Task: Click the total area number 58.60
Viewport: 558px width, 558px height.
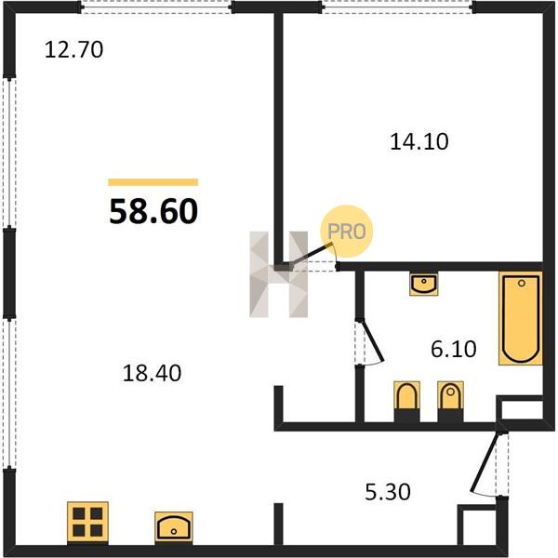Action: click(153, 211)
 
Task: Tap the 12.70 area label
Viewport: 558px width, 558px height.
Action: click(74, 49)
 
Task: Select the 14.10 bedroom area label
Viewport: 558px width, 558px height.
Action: click(419, 141)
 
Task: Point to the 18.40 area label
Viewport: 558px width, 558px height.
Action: click(152, 373)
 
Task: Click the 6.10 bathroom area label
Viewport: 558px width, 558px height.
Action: click(454, 349)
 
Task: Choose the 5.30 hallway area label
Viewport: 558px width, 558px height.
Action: click(388, 492)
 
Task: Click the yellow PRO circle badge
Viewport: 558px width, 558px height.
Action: click(347, 232)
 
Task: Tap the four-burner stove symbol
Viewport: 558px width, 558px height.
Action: click(87, 522)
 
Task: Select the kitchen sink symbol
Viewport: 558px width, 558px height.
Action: click(174, 527)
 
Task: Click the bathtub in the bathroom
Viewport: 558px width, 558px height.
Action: click(521, 318)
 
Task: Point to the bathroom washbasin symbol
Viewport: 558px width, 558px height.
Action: click(423, 284)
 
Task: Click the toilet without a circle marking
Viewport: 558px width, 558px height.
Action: click(406, 396)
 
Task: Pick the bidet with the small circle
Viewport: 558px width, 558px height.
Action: click(450, 396)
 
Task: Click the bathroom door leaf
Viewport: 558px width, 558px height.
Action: click(372, 340)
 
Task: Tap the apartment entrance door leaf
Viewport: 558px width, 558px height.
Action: click(485, 461)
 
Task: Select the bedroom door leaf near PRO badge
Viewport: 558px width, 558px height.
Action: click(311, 254)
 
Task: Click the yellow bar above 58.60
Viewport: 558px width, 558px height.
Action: click(153, 182)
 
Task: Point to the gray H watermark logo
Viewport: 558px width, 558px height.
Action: click(279, 274)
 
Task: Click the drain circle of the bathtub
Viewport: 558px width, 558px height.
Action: click(522, 284)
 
